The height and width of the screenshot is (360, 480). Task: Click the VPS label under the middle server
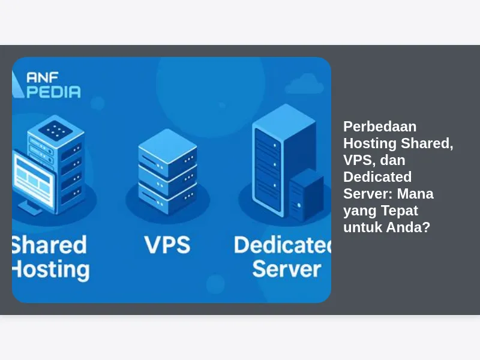point(167,245)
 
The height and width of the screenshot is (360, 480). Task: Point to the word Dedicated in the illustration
point(282,245)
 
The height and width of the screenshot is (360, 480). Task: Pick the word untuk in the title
point(362,227)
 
